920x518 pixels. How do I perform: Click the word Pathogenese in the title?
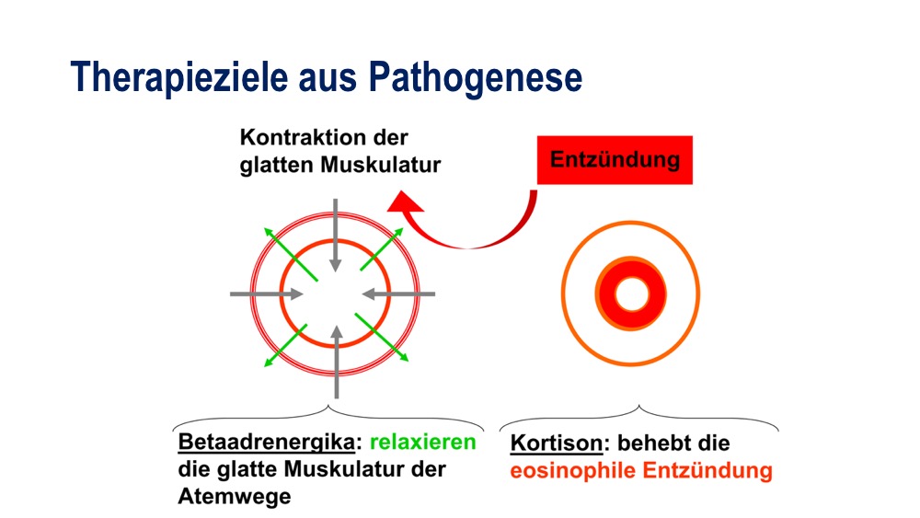tap(476, 77)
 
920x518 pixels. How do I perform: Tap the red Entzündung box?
tap(615, 160)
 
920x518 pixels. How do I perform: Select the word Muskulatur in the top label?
tap(380, 165)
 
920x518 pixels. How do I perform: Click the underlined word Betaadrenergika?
tap(267, 442)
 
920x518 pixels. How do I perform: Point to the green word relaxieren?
tap(422, 442)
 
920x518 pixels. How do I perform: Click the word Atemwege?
tap(235, 496)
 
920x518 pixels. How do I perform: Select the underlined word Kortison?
tap(557, 443)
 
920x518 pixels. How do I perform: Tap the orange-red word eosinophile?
tap(572, 470)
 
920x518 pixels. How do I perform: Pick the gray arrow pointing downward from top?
tap(335, 236)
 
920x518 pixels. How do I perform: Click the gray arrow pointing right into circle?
tap(267, 294)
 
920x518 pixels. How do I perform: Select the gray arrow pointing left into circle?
tap(398, 294)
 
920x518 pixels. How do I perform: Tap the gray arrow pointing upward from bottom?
tap(336, 362)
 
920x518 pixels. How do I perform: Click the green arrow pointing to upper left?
tap(291, 254)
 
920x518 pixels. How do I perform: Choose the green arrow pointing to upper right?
tap(382, 248)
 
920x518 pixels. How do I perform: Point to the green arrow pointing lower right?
tap(382, 337)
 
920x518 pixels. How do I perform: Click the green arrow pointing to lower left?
tap(285, 346)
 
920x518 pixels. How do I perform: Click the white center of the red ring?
tap(631, 294)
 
